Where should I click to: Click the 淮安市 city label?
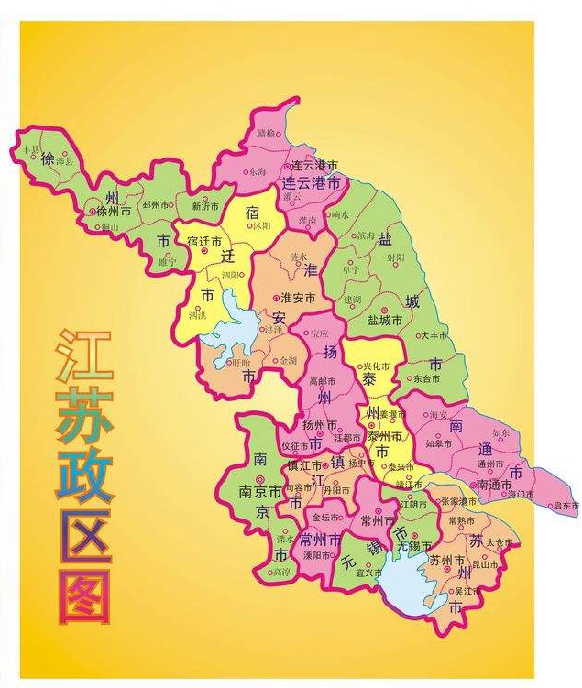(x=298, y=298)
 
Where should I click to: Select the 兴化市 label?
(x=378, y=366)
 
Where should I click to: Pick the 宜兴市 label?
(x=368, y=573)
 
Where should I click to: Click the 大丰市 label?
(x=434, y=336)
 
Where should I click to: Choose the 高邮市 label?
(x=323, y=381)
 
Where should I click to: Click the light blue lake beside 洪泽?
(x=234, y=321)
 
